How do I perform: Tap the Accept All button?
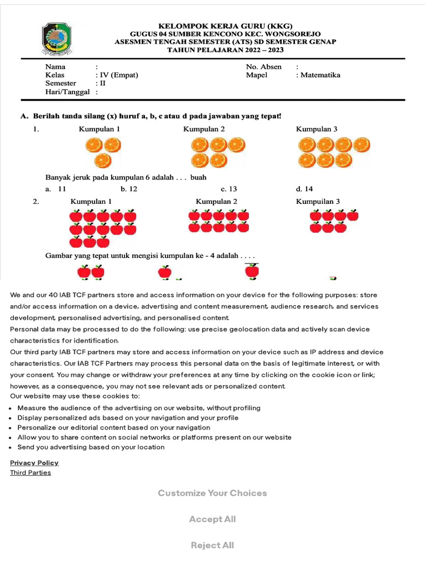[x=212, y=519]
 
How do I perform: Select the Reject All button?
[x=212, y=545]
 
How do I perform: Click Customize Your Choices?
[x=212, y=493]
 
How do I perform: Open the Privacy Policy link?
[x=34, y=462]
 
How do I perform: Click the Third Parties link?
[x=30, y=472]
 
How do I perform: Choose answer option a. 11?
[x=56, y=189]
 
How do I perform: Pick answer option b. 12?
[x=128, y=189]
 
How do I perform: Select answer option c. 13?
[x=229, y=189]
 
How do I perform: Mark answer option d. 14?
[x=304, y=189]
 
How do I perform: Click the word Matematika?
[x=320, y=75]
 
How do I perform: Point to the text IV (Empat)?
[x=118, y=75]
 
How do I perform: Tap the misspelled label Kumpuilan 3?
[x=318, y=202]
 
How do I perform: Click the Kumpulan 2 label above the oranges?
[x=204, y=129]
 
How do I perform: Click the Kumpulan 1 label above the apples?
[x=91, y=202]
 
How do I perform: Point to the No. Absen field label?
[x=263, y=66]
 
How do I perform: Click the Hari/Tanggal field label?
[x=67, y=92]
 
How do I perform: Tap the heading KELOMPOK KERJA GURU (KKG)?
[x=225, y=26]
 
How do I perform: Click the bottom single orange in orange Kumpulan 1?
[x=103, y=161]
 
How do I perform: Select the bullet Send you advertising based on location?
[x=91, y=447]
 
